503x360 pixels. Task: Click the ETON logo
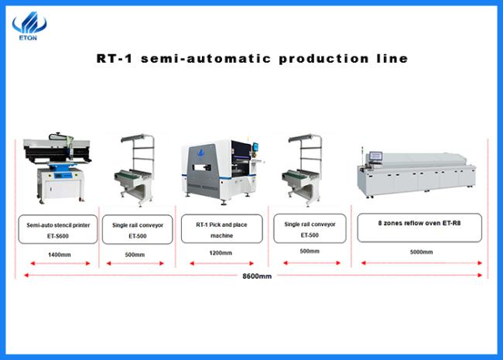(x=29, y=26)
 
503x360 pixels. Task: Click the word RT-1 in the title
(x=115, y=58)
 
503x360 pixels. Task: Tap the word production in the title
(x=324, y=59)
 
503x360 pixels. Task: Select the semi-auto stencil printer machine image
(x=58, y=167)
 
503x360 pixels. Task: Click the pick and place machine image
(x=222, y=170)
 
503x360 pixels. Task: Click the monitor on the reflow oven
(x=375, y=156)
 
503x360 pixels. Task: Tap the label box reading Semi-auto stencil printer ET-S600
(x=58, y=229)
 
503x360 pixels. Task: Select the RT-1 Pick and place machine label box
(x=221, y=228)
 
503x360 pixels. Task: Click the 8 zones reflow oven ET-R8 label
(x=419, y=228)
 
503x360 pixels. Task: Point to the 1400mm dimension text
(x=60, y=255)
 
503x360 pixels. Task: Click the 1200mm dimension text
(x=221, y=253)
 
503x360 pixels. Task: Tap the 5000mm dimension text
(x=421, y=252)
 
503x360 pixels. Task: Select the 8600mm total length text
(x=257, y=276)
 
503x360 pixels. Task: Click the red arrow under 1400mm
(x=60, y=263)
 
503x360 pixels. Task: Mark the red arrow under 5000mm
(x=422, y=262)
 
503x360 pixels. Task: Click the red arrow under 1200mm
(x=221, y=263)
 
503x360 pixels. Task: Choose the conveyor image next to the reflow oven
(x=303, y=170)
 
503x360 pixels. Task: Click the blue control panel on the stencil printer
(x=63, y=175)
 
